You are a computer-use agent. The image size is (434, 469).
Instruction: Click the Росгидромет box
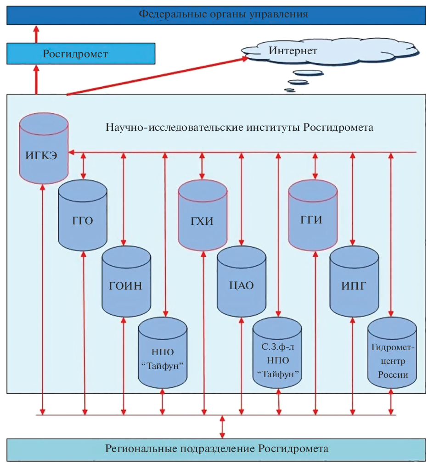click(x=81, y=54)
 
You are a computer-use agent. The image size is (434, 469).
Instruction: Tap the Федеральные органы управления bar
click(x=217, y=14)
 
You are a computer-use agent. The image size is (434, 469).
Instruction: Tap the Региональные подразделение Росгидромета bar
click(x=217, y=449)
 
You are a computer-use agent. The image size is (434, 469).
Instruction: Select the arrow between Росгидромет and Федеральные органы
click(x=37, y=34)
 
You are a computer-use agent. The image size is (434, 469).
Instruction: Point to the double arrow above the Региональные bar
click(x=222, y=427)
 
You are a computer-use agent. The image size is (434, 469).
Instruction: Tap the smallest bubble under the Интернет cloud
click(x=289, y=90)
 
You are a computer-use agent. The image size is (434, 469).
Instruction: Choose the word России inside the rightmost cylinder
click(x=393, y=374)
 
